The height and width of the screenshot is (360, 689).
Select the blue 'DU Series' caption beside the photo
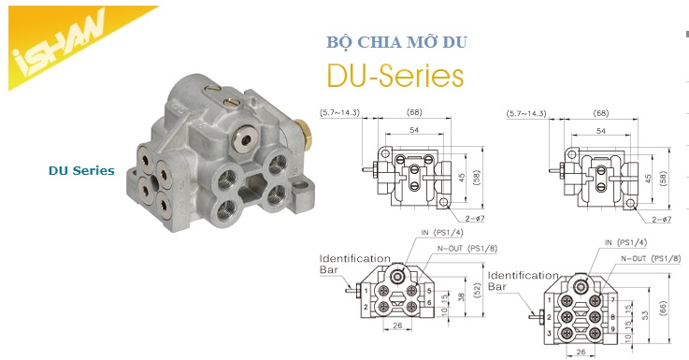[81, 171]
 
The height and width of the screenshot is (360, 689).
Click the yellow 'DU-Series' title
[394, 75]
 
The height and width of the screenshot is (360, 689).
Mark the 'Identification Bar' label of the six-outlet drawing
[524, 281]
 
